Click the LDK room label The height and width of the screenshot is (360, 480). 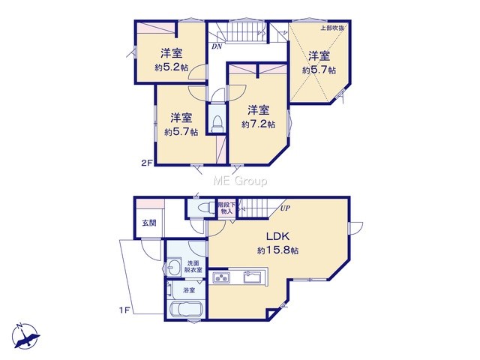[x=278, y=237]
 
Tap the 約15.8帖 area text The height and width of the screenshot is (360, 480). [x=278, y=250]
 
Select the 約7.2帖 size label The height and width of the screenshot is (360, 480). [x=258, y=124]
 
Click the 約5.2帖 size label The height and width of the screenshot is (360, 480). [x=172, y=67]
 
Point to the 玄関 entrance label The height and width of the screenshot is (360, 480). [x=149, y=223]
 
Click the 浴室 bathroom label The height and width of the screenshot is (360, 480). [x=189, y=290]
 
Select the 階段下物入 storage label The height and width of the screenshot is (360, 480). [x=226, y=208]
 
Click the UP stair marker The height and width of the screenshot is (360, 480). [x=285, y=208]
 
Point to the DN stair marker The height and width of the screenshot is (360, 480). [x=217, y=46]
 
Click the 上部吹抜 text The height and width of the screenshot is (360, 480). [x=332, y=28]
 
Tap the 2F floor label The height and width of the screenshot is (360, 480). [x=147, y=163]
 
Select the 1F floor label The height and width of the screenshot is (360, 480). [x=125, y=310]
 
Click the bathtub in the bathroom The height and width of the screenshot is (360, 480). [x=187, y=309]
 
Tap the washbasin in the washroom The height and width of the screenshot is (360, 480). [x=174, y=268]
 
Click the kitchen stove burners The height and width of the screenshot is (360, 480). [x=221, y=277]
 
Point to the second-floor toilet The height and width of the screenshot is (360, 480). [x=217, y=123]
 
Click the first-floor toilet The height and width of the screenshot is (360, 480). [x=205, y=208]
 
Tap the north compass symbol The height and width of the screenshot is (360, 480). [x=25, y=336]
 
